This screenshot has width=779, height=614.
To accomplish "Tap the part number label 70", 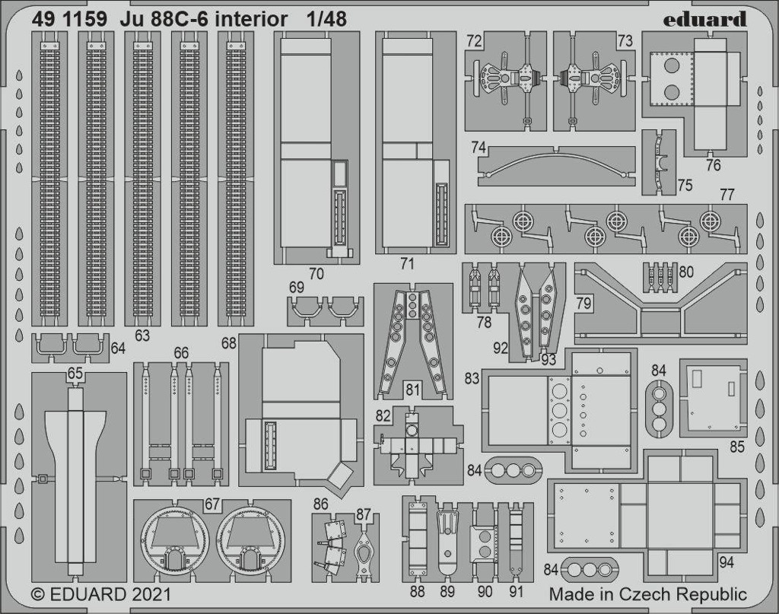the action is (x=316, y=274).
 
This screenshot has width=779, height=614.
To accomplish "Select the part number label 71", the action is (x=407, y=264).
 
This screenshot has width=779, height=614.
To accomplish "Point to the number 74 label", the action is (x=479, y=148).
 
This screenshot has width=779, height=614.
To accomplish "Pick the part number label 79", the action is (x=583, y=303).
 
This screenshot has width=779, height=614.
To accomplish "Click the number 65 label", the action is (x=75, y=374).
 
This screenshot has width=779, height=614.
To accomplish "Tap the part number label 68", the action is (x=228, y=343).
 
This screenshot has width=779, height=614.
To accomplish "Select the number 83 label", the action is (x=472, y=378).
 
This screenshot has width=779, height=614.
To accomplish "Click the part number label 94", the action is (x=726, y=562).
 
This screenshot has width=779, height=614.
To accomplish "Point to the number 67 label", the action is (x=212, y=504).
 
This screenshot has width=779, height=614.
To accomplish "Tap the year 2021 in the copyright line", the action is (x=152, y=595).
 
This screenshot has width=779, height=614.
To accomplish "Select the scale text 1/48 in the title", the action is (x=326, y=19).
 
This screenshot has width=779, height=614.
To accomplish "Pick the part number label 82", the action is (x=383, y=415).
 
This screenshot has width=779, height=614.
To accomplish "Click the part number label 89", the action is (x=447, y=591).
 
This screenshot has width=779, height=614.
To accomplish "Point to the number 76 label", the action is (x=713, y=165).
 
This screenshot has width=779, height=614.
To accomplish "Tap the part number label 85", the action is (x=736, y=447).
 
